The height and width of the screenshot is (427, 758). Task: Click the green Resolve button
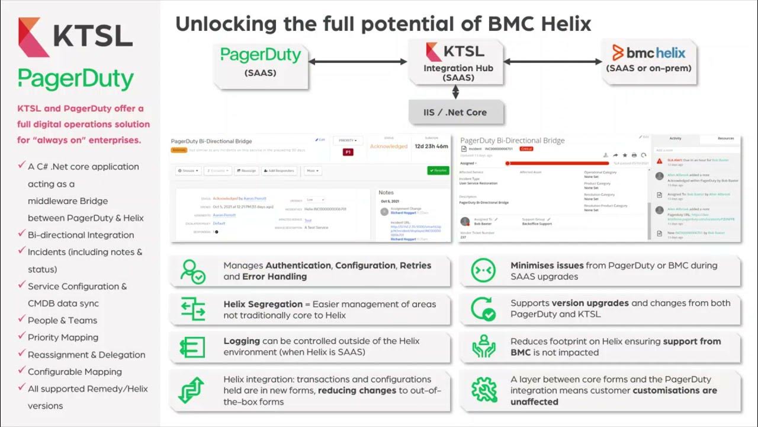pos(438,170)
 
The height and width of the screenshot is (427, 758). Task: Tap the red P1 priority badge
pos(348,152)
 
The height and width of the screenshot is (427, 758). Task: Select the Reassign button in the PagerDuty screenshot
pos(246,171)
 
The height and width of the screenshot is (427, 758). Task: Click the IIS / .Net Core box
pos(455,112)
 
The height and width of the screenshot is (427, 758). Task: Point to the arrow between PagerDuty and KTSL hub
pos(358,61)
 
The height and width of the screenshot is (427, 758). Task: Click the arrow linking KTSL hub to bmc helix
pos(553,61)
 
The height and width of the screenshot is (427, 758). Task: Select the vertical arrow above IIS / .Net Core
pos(455,92)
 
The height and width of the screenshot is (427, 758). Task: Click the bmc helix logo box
pos(648,59)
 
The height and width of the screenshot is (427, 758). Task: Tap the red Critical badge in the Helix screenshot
pos(526,149)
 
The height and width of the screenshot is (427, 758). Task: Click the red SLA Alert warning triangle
pos(660,161)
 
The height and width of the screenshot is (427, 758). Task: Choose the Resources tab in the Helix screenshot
pos(725,138)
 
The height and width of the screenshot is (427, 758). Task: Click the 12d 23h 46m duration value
pos(431,146)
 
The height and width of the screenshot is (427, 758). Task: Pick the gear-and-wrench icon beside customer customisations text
pos(484,390)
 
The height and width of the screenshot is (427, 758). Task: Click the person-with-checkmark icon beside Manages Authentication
pos(193,271)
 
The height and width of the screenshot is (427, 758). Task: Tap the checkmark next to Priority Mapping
pos(21,336)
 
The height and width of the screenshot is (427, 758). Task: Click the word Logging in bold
pos(242,341)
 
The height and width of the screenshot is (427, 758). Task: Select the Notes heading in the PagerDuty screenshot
pos(386,192)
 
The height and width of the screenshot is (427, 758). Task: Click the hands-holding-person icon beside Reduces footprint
pos(484,347)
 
